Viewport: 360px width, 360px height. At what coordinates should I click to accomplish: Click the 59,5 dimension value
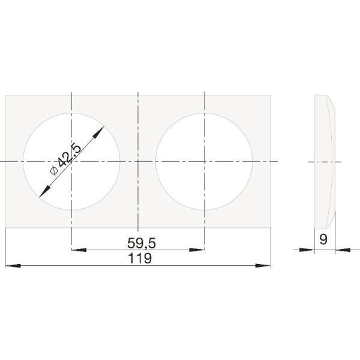click(x=142, y=243)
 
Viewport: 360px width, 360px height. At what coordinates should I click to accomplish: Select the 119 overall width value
click(x=140, y=258)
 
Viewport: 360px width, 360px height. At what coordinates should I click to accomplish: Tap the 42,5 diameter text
click(x=69, y=155)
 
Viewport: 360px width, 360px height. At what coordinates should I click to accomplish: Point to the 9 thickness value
click(x=323, y=239)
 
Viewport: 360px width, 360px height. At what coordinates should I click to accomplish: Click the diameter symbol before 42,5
click(x=53, y=170)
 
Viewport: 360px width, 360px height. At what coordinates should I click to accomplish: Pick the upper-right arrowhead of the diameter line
click(x=98, y=132)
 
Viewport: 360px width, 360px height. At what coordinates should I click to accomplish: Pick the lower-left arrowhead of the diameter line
click(x=45, y=191)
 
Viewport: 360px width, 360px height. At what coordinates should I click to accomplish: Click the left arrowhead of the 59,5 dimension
click(x=79, y=250)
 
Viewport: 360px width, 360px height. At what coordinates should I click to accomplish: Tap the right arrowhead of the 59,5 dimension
click(x=197, y=250)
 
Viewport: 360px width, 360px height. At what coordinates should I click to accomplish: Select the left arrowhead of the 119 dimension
click(x=13, y=266)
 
